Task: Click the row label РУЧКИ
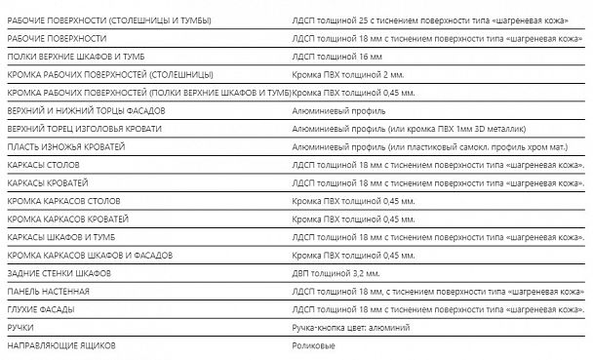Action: point(20,328)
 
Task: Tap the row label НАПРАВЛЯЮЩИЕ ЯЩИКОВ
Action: point(61,345)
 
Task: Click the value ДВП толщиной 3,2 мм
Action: point(336,273)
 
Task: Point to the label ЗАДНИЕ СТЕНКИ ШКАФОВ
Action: point(59,273)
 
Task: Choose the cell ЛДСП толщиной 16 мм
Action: point(336,57)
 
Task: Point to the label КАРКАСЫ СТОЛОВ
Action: point(43,165)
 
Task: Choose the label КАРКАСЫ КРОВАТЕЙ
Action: point(47,182)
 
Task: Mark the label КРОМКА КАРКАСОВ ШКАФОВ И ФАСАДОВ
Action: point(90,256)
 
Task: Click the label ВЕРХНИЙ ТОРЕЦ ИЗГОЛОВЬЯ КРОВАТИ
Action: point(84,129)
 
